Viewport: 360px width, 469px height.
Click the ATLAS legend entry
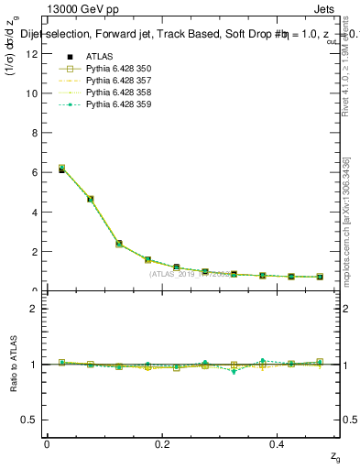coord(98,57)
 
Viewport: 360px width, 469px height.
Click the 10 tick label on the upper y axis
coord(33,93)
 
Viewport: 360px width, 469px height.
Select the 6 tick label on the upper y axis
coord(36,172)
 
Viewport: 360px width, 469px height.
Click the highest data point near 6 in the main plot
coord(61,169)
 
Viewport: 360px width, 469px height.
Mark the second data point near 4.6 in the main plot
coord(90,199)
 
